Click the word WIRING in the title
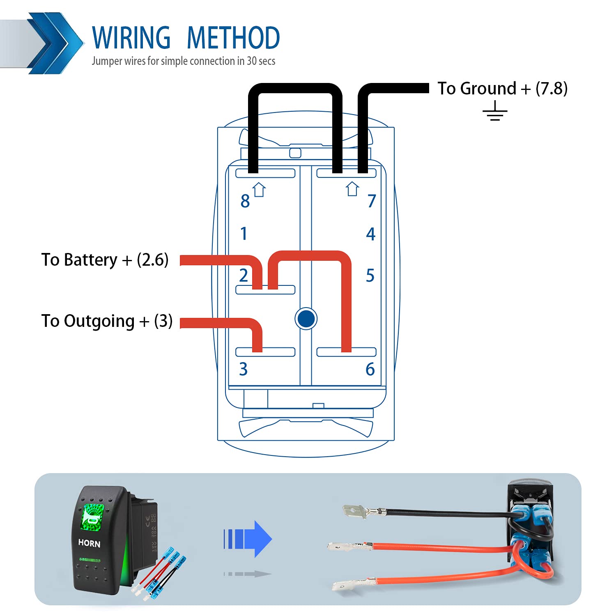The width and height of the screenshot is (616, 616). click(131, 38)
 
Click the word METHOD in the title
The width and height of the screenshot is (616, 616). click(233, 38)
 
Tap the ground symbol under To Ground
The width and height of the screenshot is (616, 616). click(495, 112)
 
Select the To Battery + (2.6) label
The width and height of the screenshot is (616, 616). click(105, 260)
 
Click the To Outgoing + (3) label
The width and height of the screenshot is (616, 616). click(107, 321)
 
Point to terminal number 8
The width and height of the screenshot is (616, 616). click(245, 201)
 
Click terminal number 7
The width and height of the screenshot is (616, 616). click(371, 201)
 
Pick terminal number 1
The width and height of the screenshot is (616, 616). click(244, 234)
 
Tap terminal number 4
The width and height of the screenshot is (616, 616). click(370, 234)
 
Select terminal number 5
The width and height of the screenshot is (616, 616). click(370, 276)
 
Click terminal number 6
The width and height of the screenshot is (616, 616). click(370, 369)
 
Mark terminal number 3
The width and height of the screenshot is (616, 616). click(244, 369)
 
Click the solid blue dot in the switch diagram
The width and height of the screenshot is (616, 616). click(306, 318)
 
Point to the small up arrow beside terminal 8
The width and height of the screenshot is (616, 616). click(259, 190)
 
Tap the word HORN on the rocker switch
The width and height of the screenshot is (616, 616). click(89, 543)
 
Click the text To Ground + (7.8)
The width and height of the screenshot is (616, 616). click(502, 89)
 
